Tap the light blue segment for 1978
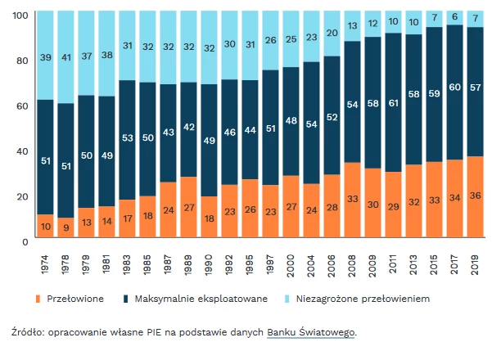click(x=68, y=57)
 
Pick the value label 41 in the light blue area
click(x=68, y=58)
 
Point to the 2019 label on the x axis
click(x=476, y=263)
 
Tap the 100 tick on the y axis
click(x=20, y=16)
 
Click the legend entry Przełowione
click(x=74, y=299)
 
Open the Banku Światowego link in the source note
click(x=311, y=332)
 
